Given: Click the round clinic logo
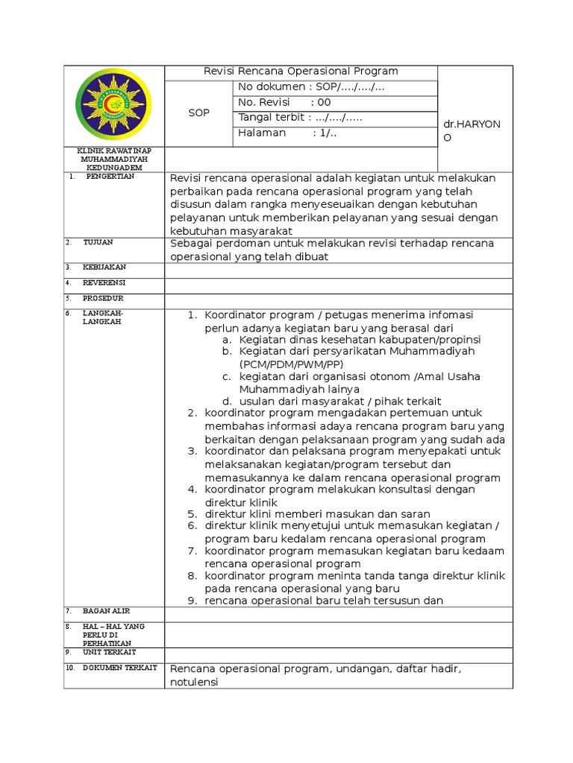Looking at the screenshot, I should [113, 104].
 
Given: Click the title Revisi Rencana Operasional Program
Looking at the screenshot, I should [301, 72].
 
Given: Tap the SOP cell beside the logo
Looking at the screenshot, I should [198, 113].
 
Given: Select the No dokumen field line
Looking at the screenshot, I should [311, 87].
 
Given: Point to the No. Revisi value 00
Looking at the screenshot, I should [324, 103].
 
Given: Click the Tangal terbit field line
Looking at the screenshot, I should [301, 118].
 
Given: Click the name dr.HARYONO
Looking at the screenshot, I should [472, 131].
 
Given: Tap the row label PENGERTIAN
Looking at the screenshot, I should [108, 177].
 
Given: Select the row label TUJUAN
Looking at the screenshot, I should [98, 243].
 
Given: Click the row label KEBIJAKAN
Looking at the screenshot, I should [104, 267].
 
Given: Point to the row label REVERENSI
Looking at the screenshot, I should [104, 283].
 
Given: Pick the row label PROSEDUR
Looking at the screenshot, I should [103, 298].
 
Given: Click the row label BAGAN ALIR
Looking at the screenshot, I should [106, 611].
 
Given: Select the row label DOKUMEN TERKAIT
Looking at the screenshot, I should [119, 668].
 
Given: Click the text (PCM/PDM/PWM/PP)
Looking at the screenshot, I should [291, 364].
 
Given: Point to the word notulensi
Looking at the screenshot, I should [194, 682].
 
